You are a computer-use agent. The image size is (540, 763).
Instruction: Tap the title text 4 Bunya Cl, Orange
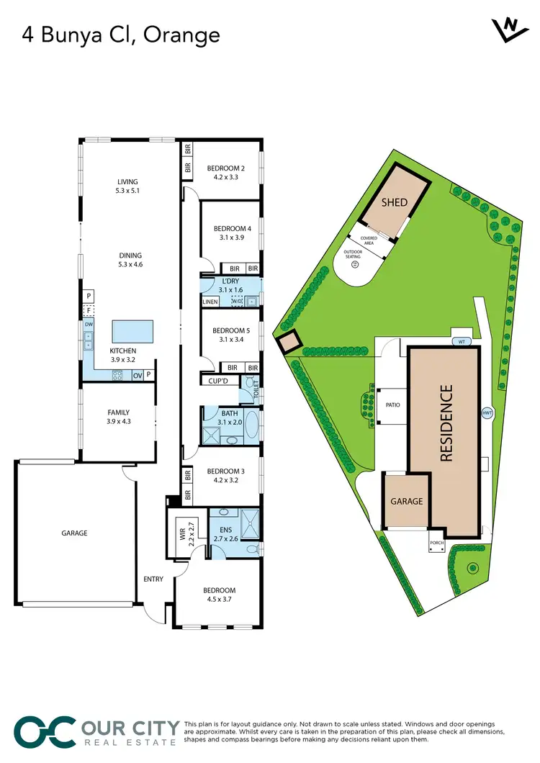pyautogui.click(x=112, y=34)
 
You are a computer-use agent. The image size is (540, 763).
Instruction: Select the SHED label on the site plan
pyautogui.click(x=394, y=202)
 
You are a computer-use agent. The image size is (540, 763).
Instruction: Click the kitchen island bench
pyautogui.click(x=132, y=333)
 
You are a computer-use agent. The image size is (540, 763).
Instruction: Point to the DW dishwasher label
pyautogui.click(x=88, y=325)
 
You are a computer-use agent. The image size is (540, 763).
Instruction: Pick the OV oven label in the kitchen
pyautogui.click(x=137, y=374)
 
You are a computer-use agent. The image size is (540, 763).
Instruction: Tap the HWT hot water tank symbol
pyautogui.click(x=487, y=413)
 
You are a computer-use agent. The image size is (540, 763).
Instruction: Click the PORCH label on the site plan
pyautogui.click(x=436, y=543)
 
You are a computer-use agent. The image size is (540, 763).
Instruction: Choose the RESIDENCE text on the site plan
pyautogui.click(x=446, y=423)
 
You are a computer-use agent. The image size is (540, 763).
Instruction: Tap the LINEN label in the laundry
pyautogui.click(x=210, y=302)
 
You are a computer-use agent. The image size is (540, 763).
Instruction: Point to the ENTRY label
pyautogui.click(x=153, y=579)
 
